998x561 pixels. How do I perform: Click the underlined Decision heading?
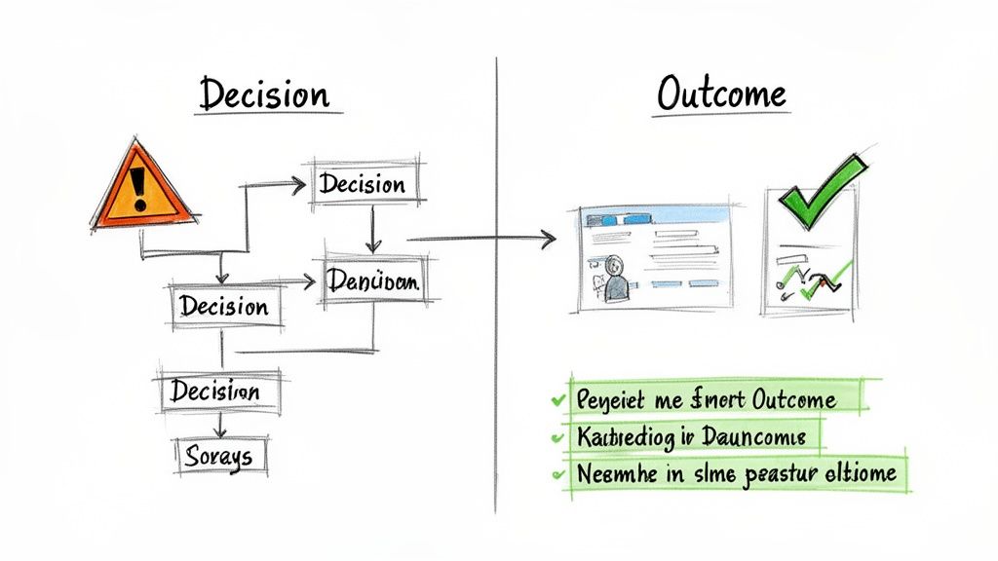click(x=264, y=94)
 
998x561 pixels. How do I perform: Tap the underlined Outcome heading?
click(x=721, y=94)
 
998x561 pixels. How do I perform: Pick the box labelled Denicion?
click(x=373, y=282)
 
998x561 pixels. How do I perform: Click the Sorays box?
click(x=219, y=455)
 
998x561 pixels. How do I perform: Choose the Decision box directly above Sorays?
click(x=216, y=392)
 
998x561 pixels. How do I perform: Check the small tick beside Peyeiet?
click(x=557, y=399)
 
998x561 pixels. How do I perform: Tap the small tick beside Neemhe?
click(x=558, y=475)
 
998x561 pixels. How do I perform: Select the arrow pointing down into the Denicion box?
click(x=371, y=243)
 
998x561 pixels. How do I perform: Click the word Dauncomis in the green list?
click(x=756, y=437)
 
